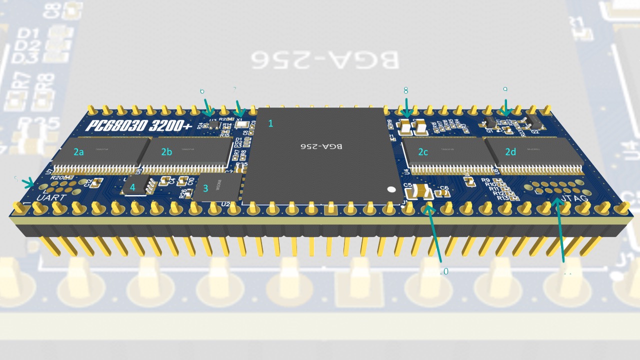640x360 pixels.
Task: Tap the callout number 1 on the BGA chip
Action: coord(271,123)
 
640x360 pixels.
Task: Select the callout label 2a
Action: coord(78,152)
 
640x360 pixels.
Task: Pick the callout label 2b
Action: coord(166,152)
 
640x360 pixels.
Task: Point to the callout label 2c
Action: coord(423,152)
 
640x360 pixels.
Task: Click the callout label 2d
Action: coord(510,152)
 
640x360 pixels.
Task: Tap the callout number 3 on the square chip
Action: coord(205,188)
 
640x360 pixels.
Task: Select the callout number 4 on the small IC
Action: coord(132,187)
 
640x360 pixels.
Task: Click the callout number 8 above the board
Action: coord(405,90)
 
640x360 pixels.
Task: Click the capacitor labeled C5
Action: coord(421,190)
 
